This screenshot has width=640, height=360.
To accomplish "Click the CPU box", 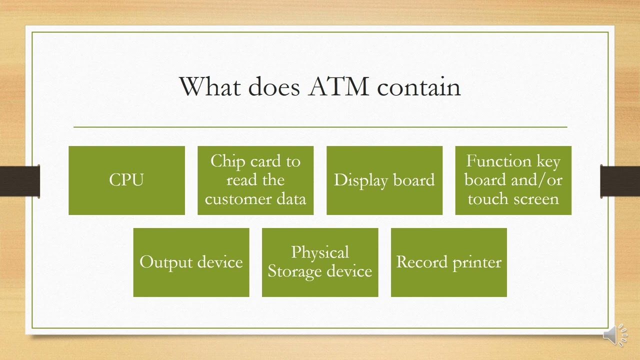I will point(126,180).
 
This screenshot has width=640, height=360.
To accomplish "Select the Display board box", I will point(384,180).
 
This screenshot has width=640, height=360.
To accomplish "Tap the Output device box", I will point(191,262).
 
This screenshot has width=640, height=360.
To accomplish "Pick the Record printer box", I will point(448,262).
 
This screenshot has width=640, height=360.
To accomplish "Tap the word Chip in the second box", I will point(227,161).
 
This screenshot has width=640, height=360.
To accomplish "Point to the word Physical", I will point(320,252).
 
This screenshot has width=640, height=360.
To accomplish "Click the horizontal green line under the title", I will point(320,127).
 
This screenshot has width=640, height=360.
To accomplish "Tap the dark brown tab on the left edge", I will point(19,181).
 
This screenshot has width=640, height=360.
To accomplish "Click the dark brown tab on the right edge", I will point(620,181).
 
